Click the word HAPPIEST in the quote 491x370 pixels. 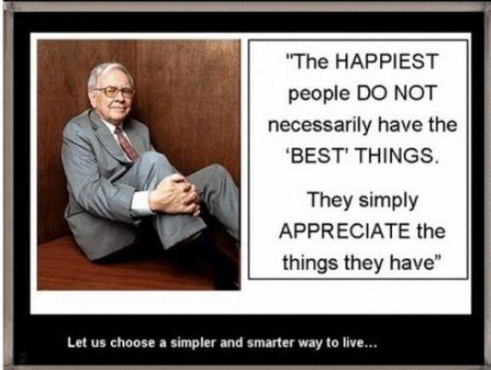[x=387, y=61]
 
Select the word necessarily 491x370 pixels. [x=321, y=124]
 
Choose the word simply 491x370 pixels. [x=388, y=201]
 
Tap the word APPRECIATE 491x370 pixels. [x=344, y=231]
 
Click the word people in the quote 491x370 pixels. [x=319, y=94]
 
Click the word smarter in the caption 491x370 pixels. [x=270, y=342]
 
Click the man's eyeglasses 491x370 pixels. [x=115, y=92]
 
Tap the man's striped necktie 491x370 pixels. [x=126, y=144]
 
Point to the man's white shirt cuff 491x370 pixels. [x=140, y=203]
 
